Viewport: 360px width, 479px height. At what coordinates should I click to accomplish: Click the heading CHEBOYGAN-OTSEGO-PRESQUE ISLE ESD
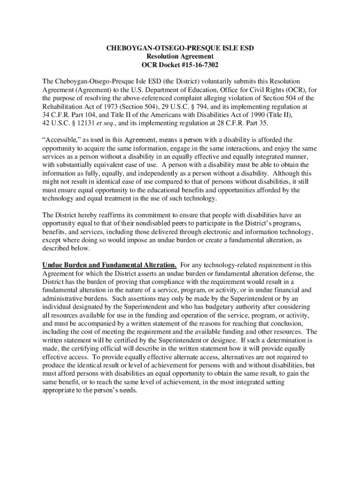[x=180, y=48]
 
